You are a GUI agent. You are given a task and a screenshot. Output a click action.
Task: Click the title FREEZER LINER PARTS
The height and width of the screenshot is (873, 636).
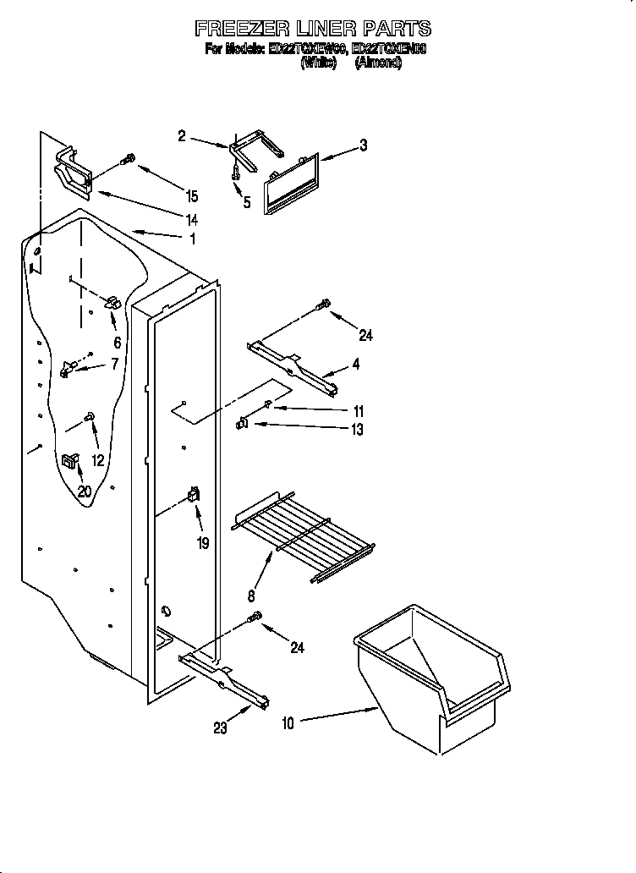[x=313, y=29]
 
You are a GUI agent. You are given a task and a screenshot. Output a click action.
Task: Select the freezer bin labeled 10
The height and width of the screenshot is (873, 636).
[x=436, y=677]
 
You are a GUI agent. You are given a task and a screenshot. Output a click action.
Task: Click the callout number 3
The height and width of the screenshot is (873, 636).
[x=364, y=145]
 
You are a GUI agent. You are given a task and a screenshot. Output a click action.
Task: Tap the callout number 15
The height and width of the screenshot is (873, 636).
[x=192, y=196]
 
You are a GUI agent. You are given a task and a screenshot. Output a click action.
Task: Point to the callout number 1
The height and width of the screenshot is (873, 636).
[x=193, y=239]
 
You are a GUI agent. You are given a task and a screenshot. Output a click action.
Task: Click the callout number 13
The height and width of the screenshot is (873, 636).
[x=357, y=430]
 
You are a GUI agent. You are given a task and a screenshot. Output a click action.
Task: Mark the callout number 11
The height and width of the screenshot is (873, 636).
[x=357, y=410]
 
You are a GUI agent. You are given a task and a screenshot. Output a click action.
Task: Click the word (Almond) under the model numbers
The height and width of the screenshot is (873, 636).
[x=378, y=63]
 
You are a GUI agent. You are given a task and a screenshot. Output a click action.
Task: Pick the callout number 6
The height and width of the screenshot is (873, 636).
[x=117, y=343]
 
